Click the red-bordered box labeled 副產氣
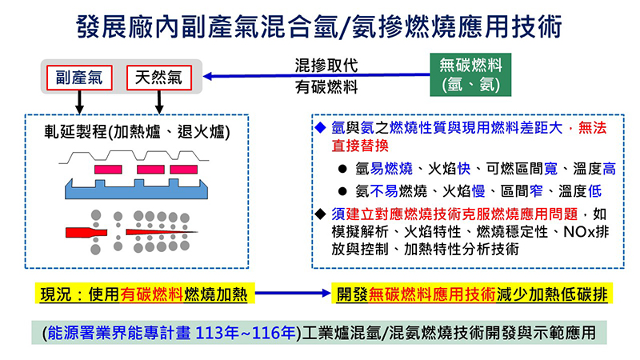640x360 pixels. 79,78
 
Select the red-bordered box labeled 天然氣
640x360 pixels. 158,78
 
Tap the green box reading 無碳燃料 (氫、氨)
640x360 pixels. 470,74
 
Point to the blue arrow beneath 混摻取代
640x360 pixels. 316,75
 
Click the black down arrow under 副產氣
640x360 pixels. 79,102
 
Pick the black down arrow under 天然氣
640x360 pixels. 159,102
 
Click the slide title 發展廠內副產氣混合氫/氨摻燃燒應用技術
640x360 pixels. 319,26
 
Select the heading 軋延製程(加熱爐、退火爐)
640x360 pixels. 137,132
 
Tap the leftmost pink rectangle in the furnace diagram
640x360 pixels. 108,170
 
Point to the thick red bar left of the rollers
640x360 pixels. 86,232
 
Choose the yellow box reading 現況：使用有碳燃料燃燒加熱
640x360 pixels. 144,294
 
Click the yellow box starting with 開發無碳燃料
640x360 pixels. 472,294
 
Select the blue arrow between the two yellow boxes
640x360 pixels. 292,293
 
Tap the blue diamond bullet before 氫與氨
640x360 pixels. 321,128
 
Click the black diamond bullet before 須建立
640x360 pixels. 321,214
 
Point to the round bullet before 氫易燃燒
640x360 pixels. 342,169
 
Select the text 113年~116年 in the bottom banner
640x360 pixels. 246,333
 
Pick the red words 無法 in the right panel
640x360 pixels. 592,128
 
